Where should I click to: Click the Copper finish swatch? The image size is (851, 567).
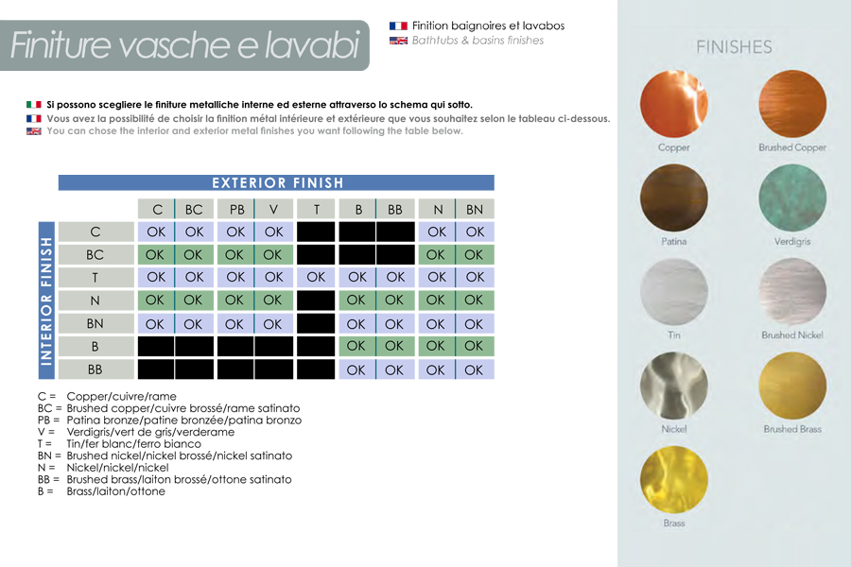(x=674, y=104)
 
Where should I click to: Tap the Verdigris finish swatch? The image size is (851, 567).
(x=792, y=198)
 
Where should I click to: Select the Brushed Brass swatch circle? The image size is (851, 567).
(x=792, y=386)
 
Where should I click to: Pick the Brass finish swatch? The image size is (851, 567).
(x=674, y=479)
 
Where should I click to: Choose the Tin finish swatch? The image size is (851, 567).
(x=674, y=292)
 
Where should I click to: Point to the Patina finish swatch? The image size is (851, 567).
(x=674, y=198)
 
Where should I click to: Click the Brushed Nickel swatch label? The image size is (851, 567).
(x=792, y=335)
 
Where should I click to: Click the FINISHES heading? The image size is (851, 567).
(x=734, y=46)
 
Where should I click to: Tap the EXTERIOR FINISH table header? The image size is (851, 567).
(x=277, y=183)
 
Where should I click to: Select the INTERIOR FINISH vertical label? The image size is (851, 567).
(x=45, y=301)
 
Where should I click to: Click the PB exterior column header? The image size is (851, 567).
(x=235, y=210)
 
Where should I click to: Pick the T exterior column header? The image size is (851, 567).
(x=316, y=210)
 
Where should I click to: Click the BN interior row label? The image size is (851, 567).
(x=95, y=323)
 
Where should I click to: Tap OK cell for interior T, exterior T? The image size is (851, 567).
(x=316, y=277)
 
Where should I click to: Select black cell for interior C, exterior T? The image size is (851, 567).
(x=316, y=232)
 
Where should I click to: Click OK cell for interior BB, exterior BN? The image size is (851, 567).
(x=475, y=369)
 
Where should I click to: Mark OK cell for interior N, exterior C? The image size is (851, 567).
(x=156, y=301)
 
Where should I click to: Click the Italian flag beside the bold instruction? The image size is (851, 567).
(x=34, y=104)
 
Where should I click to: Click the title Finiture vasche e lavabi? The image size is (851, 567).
(x=184, y=45)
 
